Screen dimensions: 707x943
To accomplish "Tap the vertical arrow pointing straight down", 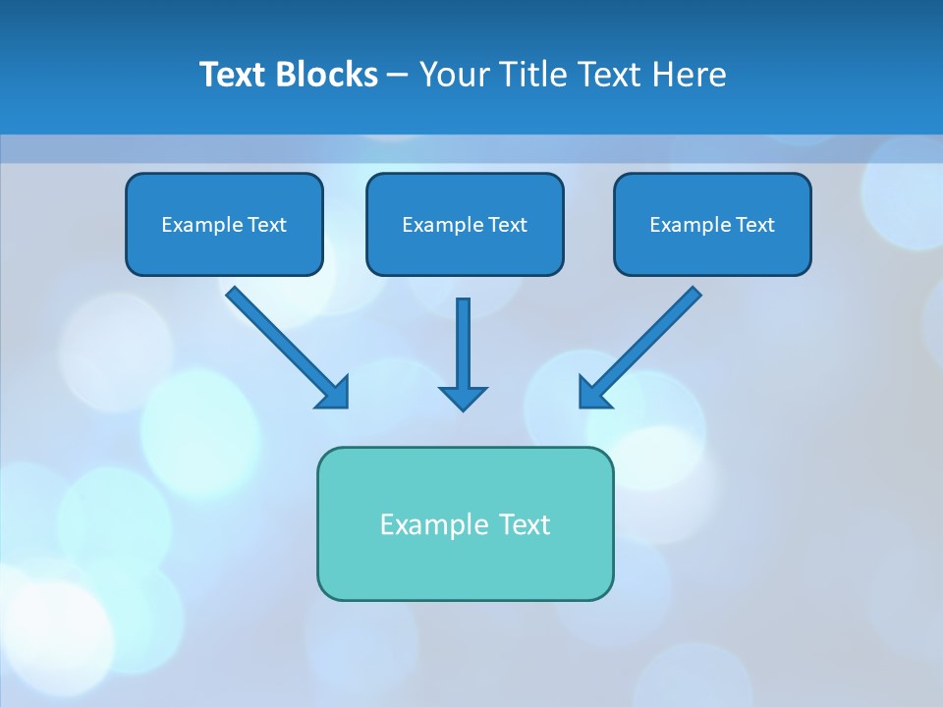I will (x=463, y=344).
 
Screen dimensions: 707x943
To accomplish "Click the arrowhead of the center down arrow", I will (x=463, y=398).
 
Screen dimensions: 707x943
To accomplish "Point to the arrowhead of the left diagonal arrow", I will (x=336, y=394).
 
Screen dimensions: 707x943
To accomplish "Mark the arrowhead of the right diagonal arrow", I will (x=591, y=394).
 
